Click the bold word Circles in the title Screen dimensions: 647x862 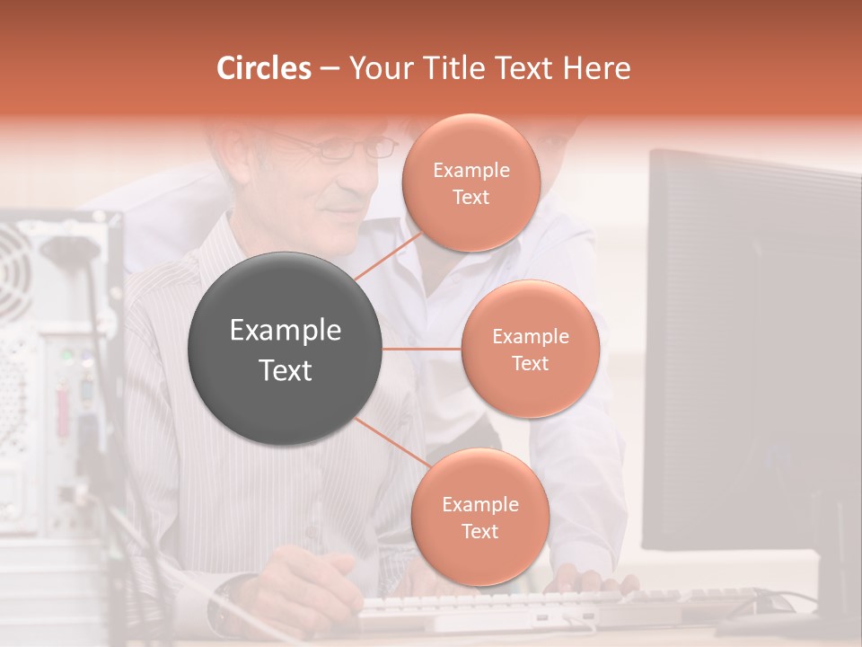264,68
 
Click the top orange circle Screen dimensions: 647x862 471,182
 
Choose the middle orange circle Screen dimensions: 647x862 530,349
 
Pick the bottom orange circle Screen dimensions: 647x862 479,517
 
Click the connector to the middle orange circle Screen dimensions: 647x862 422,349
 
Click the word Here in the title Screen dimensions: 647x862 597,68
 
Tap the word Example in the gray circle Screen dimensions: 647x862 286,331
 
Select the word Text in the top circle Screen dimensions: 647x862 471,198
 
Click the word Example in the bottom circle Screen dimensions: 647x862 479,504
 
